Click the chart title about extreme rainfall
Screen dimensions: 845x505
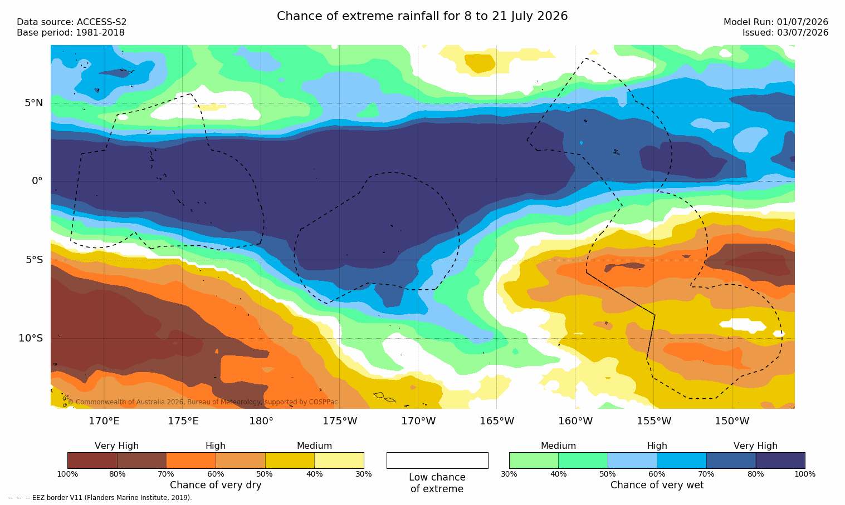(x=422, y=16)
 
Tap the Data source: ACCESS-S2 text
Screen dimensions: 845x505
(x=72, y=22)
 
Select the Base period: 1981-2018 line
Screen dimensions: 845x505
(x=71, y=33)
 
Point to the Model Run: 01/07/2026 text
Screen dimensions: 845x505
(x=775, y=22)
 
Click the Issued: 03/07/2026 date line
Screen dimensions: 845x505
(x=785, y=33)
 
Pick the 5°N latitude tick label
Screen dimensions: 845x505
(x=34, y=103)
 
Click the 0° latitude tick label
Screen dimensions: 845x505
(x=37, y=181)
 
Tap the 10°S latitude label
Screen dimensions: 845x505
(x=31, y=338)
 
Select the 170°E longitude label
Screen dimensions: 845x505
(x=104, y=421)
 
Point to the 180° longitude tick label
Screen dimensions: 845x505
(x=261, y=421)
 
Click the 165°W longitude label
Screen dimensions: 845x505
(x=497, y=421)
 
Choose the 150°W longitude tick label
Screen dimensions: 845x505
(x=732, y=421)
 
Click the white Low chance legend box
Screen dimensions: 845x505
(x=437, y=461)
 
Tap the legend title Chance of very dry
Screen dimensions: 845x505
(x=216, y=485)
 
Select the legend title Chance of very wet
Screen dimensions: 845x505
(x=657, y=485)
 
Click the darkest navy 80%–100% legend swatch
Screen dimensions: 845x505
(x=780, y=461)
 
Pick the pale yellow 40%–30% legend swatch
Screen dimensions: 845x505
(x=339, y=461)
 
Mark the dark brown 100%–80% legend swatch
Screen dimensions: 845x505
(x=92, y=461)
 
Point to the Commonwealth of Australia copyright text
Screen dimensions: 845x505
(x=203, y=402)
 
